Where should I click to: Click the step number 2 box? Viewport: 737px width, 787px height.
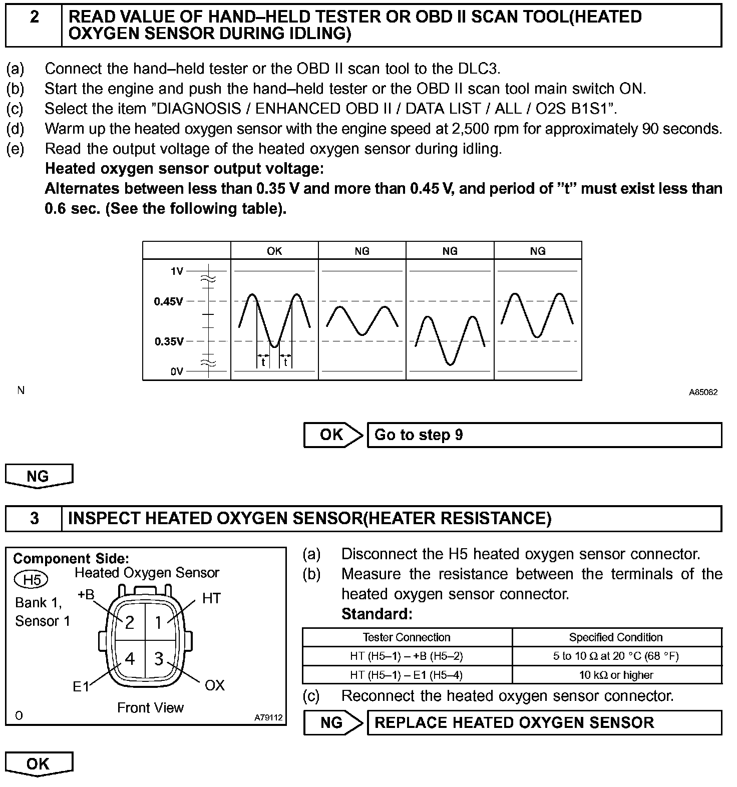[34, 24]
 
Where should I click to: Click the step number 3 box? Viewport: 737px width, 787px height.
[34, 518]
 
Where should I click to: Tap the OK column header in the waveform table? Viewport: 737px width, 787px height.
[274, 251]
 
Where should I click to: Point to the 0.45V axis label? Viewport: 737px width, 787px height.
[169, 301]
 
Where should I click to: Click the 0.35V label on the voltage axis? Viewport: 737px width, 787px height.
[169, 341]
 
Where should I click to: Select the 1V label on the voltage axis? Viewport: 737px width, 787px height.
[177, 271]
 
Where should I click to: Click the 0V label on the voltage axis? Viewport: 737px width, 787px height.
[177, 371]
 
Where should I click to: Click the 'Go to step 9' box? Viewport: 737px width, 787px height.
[544, 435]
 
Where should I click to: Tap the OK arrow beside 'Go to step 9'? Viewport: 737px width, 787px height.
[332, 435]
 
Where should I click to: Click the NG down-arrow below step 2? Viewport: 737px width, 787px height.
[39, 476]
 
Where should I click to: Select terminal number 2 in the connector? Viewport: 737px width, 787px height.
[130, 622]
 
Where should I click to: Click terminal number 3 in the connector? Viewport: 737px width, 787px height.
[159, 659]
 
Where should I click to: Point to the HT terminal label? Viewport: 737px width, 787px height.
[211, 598]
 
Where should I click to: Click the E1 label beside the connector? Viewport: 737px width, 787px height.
[81, 686]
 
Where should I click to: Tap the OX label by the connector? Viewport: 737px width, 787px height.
[215, 685]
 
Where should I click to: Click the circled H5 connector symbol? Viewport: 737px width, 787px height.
[31, 580]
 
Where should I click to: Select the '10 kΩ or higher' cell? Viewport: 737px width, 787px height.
[616, 675]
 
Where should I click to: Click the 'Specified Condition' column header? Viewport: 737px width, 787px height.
[616, 637]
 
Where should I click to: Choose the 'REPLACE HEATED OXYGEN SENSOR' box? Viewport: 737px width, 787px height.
[544, 722]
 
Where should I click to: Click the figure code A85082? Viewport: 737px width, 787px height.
[703, 392]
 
